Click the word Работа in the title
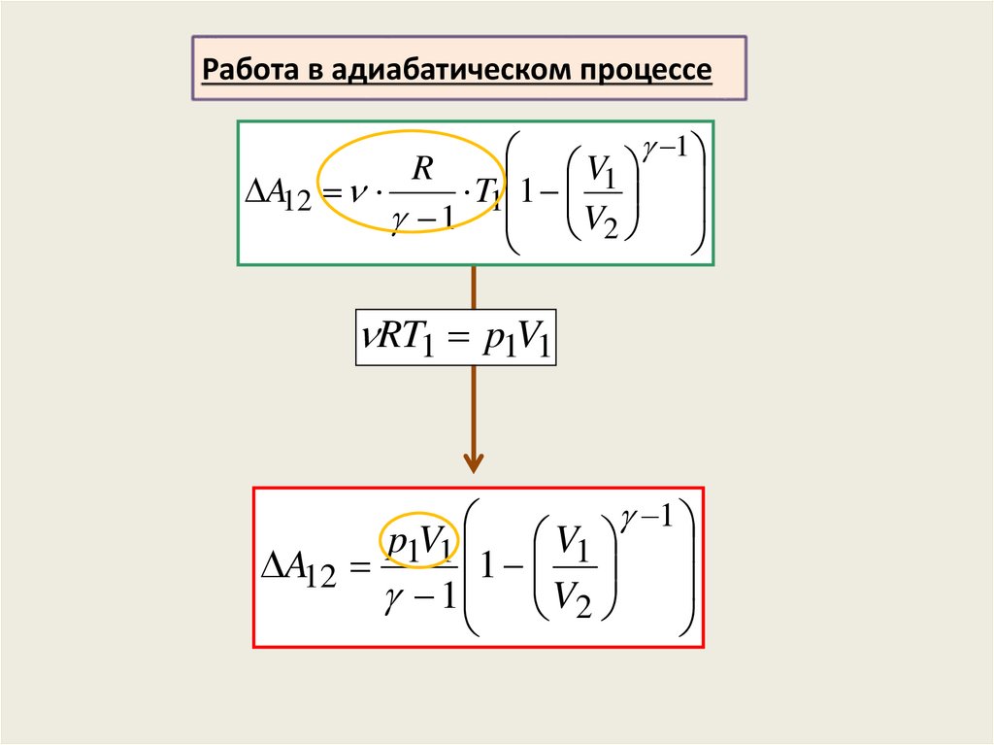(x=244, y=71)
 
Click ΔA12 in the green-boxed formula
(x=280, y=196)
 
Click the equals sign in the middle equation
(x=458, y=339)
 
